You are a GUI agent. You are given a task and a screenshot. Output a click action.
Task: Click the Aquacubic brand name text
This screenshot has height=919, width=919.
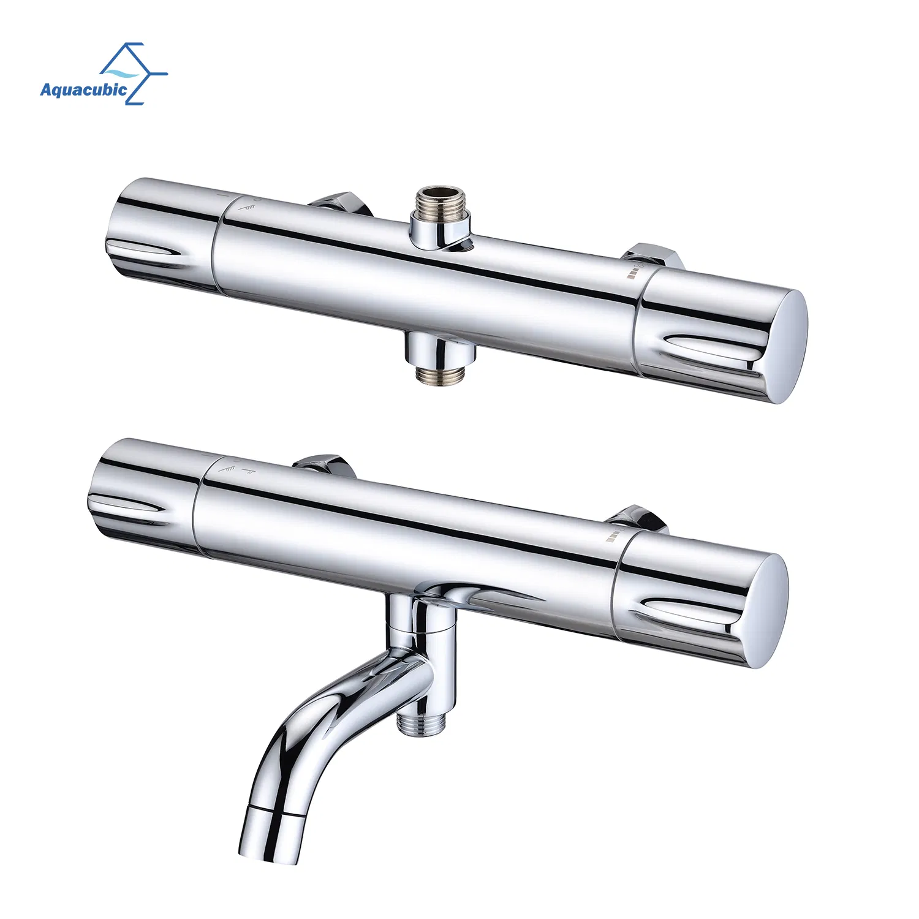84,90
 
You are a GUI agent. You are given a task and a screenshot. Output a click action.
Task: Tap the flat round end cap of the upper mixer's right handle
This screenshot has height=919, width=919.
785,347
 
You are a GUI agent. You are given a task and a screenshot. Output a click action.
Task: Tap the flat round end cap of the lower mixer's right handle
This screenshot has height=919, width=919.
765,610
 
